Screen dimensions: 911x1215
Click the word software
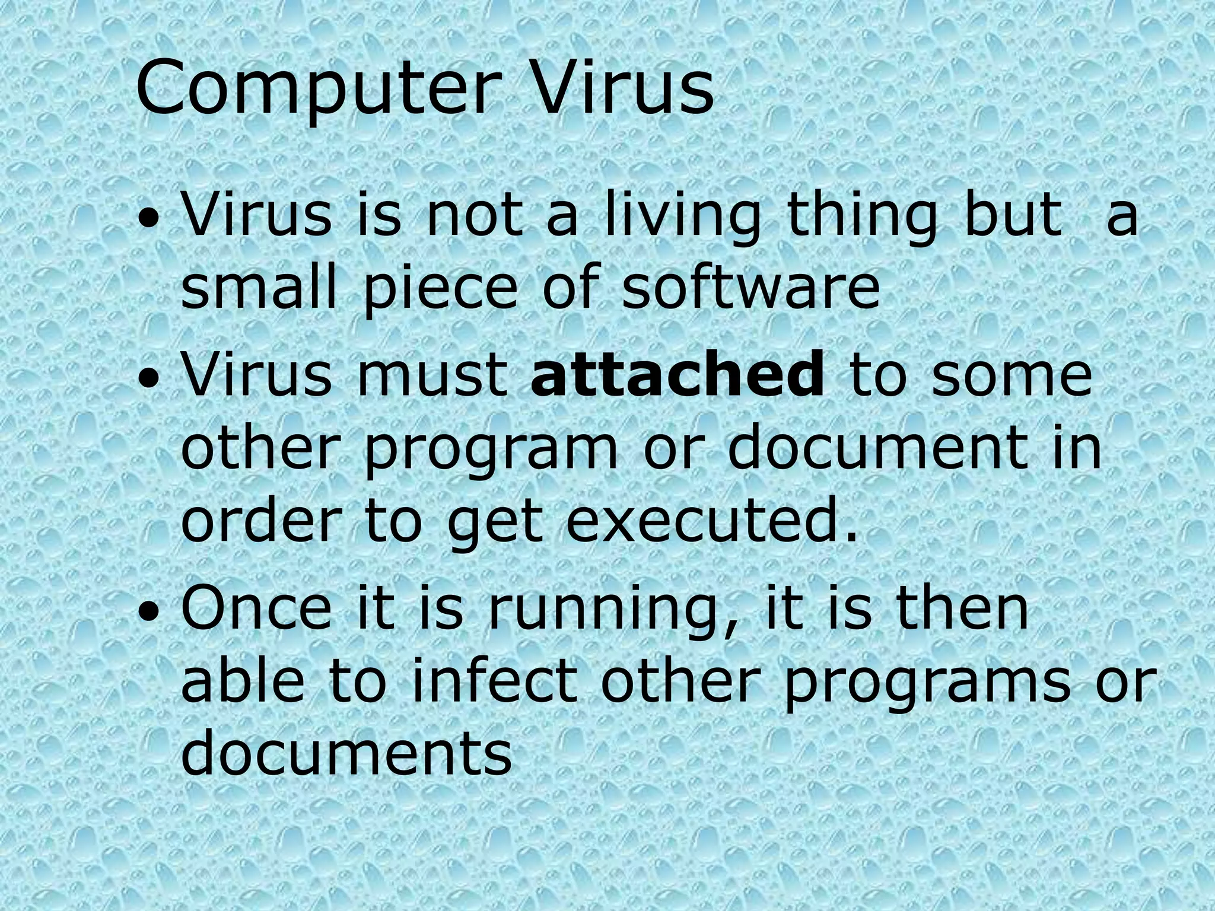[750, 288]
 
